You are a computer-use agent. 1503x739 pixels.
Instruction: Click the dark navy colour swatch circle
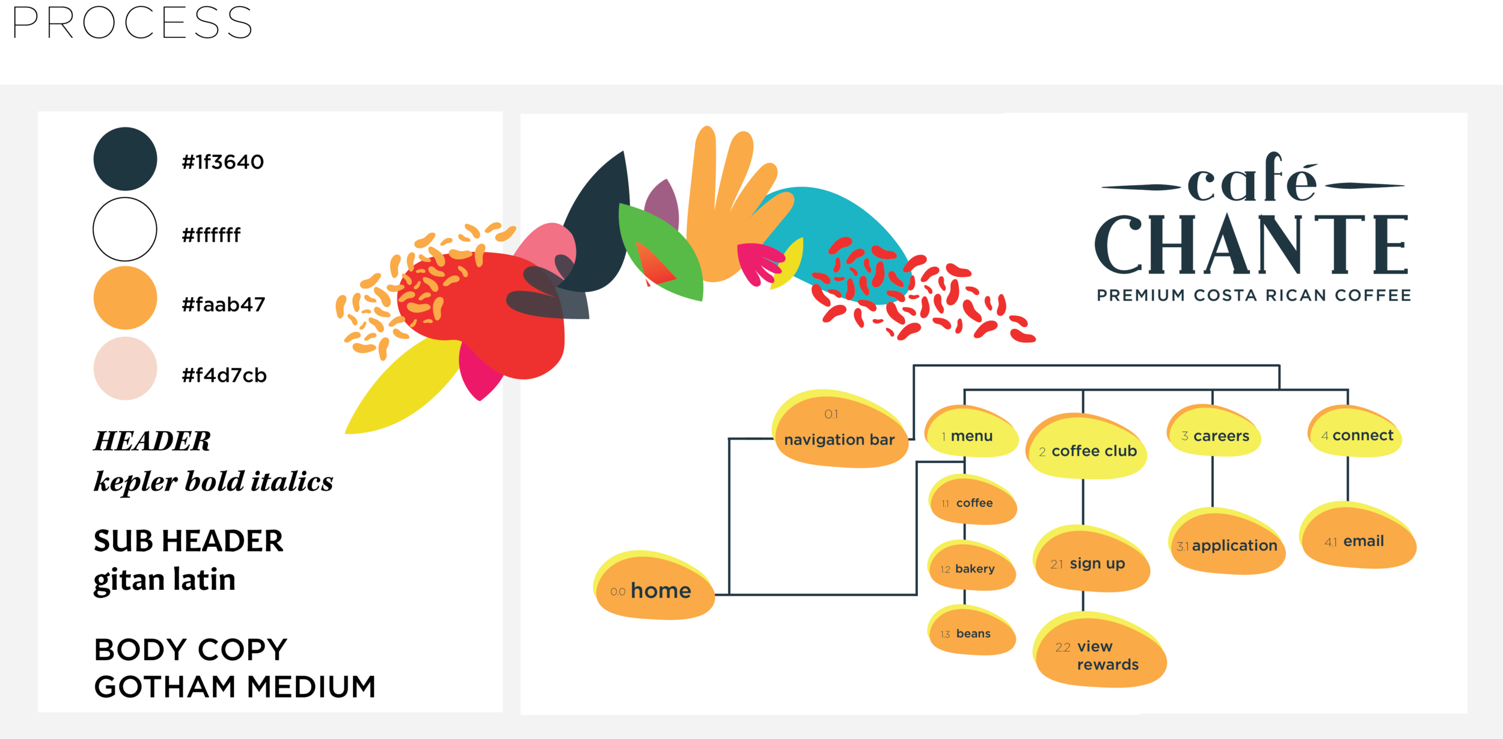(x=125, y=159)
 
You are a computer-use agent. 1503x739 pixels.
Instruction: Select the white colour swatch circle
(x=125, y=229)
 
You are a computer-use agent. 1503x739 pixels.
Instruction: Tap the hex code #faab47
(x=223, y=305)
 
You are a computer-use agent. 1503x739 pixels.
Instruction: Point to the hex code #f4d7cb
(x=224, y=375)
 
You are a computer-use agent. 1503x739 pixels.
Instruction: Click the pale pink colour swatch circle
(x=125, y=369)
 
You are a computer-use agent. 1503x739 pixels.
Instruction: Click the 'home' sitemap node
(x=655, y=589)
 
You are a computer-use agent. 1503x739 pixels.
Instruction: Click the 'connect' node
(x=1356, y=435)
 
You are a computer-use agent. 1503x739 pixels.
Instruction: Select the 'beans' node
(x=972, y=633)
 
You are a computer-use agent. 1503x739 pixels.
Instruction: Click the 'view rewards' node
(x=1100, y=654)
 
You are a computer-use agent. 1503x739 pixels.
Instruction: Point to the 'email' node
(x=1358, y=541)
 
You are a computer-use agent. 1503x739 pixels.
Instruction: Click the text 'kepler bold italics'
(x=213, y=481)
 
